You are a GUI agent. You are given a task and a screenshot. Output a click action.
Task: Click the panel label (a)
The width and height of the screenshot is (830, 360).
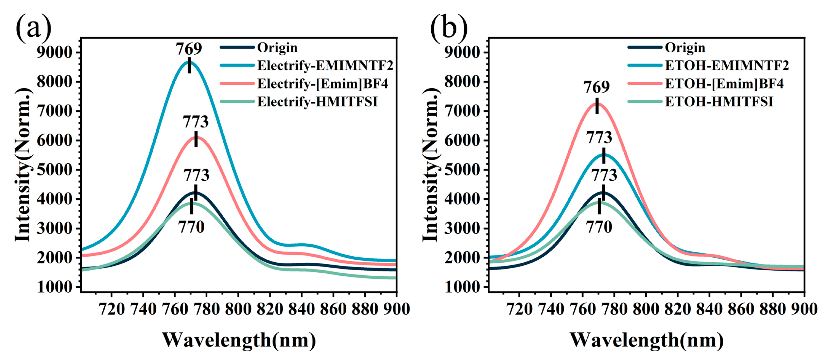click(x=33, y=28)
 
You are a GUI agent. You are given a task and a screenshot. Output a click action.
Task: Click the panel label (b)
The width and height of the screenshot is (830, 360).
click(x=449, y=28)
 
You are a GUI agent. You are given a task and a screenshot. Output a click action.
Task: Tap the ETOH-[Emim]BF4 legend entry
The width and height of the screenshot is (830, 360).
click(x=724, y=84)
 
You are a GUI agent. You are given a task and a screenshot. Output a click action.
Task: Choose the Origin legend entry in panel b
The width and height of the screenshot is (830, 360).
click(x=685, y=48)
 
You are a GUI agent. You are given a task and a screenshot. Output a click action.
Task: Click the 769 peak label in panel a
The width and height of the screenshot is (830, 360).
click(x=189, y=49)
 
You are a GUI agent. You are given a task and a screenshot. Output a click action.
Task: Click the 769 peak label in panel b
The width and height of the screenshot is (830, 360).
click(x=596, y=87)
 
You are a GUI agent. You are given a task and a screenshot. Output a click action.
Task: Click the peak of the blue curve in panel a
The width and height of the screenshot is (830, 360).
click(x=189, y=62)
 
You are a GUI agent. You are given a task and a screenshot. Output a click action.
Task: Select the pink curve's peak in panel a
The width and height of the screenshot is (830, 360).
click(x=196, y=137)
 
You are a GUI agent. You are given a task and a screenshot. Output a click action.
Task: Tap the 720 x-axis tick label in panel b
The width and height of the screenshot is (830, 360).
click(x=519, y=309)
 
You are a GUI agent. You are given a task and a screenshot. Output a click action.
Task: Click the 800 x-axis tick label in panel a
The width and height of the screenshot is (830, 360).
click(x=238, y=309)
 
